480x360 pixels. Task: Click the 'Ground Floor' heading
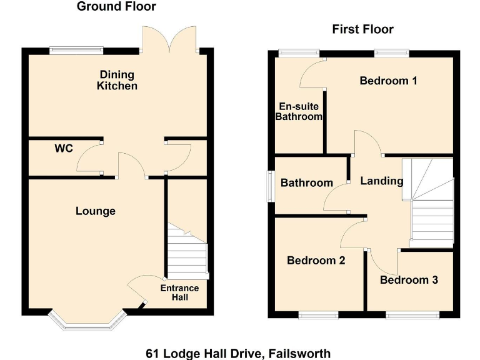pos(116,7)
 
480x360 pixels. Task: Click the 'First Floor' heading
pos(362,29)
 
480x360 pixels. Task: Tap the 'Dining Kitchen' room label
pos(117,80)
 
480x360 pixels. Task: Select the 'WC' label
pos(64,149)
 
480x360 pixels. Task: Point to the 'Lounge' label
pos(96,211)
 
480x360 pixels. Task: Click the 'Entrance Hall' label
pos(179,292)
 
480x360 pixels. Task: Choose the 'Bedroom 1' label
pos(388,81)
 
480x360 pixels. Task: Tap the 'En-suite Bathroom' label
pos(299,112)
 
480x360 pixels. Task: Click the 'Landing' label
pos(382,181)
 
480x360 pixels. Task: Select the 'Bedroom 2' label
pos(316,261)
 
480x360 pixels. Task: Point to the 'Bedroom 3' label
pos(409,279)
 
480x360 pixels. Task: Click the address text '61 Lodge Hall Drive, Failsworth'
pos(238,353)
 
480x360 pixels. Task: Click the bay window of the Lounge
pos(87,321)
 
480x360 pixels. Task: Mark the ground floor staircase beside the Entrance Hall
pos(187,251)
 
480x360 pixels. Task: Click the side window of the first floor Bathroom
pos(271,186)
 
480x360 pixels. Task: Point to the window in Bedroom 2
pos(318,315)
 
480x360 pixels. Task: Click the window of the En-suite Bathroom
pos(298,53)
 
